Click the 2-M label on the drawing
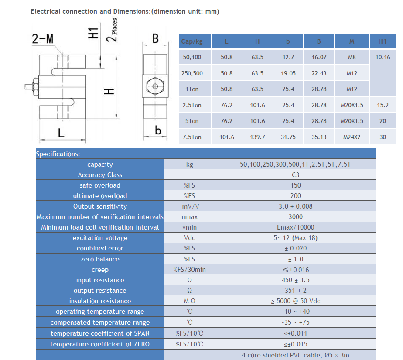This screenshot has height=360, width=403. [x=43, y=40]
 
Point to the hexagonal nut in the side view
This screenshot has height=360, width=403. [x=154, y=86]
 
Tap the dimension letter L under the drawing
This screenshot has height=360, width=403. [x=61, y=133]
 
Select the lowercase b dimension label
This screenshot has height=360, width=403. [x=158, y=130]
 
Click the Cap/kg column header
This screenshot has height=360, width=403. [x=191, y=41]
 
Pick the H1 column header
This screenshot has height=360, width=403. [x=383, y=41]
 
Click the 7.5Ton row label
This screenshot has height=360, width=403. [x=192, y=137]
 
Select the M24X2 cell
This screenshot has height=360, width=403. [x=352, y=137]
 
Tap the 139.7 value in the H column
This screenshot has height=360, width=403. [x=257, y=137]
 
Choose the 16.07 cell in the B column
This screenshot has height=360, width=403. [x=319, y=57]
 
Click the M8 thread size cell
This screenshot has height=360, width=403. [x=352, y=57]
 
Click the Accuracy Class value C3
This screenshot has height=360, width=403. [x=295, y=175]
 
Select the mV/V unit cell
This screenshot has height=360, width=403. [x=189, y=206]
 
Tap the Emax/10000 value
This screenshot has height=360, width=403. [x=295, y=227]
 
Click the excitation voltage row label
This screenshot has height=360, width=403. [x=100, y=238]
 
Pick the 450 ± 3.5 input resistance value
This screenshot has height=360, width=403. [x=295, y=280]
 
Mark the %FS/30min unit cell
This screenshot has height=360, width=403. [x=189, y=270]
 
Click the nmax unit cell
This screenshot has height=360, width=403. [x=189, y=217]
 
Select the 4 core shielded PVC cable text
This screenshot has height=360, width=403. [x=295, y=355]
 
